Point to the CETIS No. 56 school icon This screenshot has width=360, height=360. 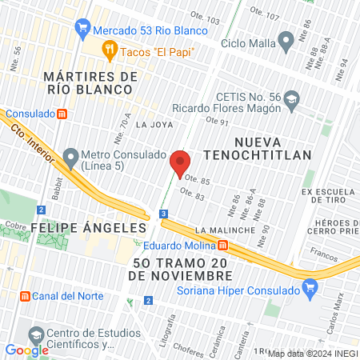[290, 100]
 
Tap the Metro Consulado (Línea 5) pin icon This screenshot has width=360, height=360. [71, 155]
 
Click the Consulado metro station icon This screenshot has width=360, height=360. [62, 114]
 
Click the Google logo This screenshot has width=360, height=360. [26, 350]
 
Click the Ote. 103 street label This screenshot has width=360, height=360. [206, 18]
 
